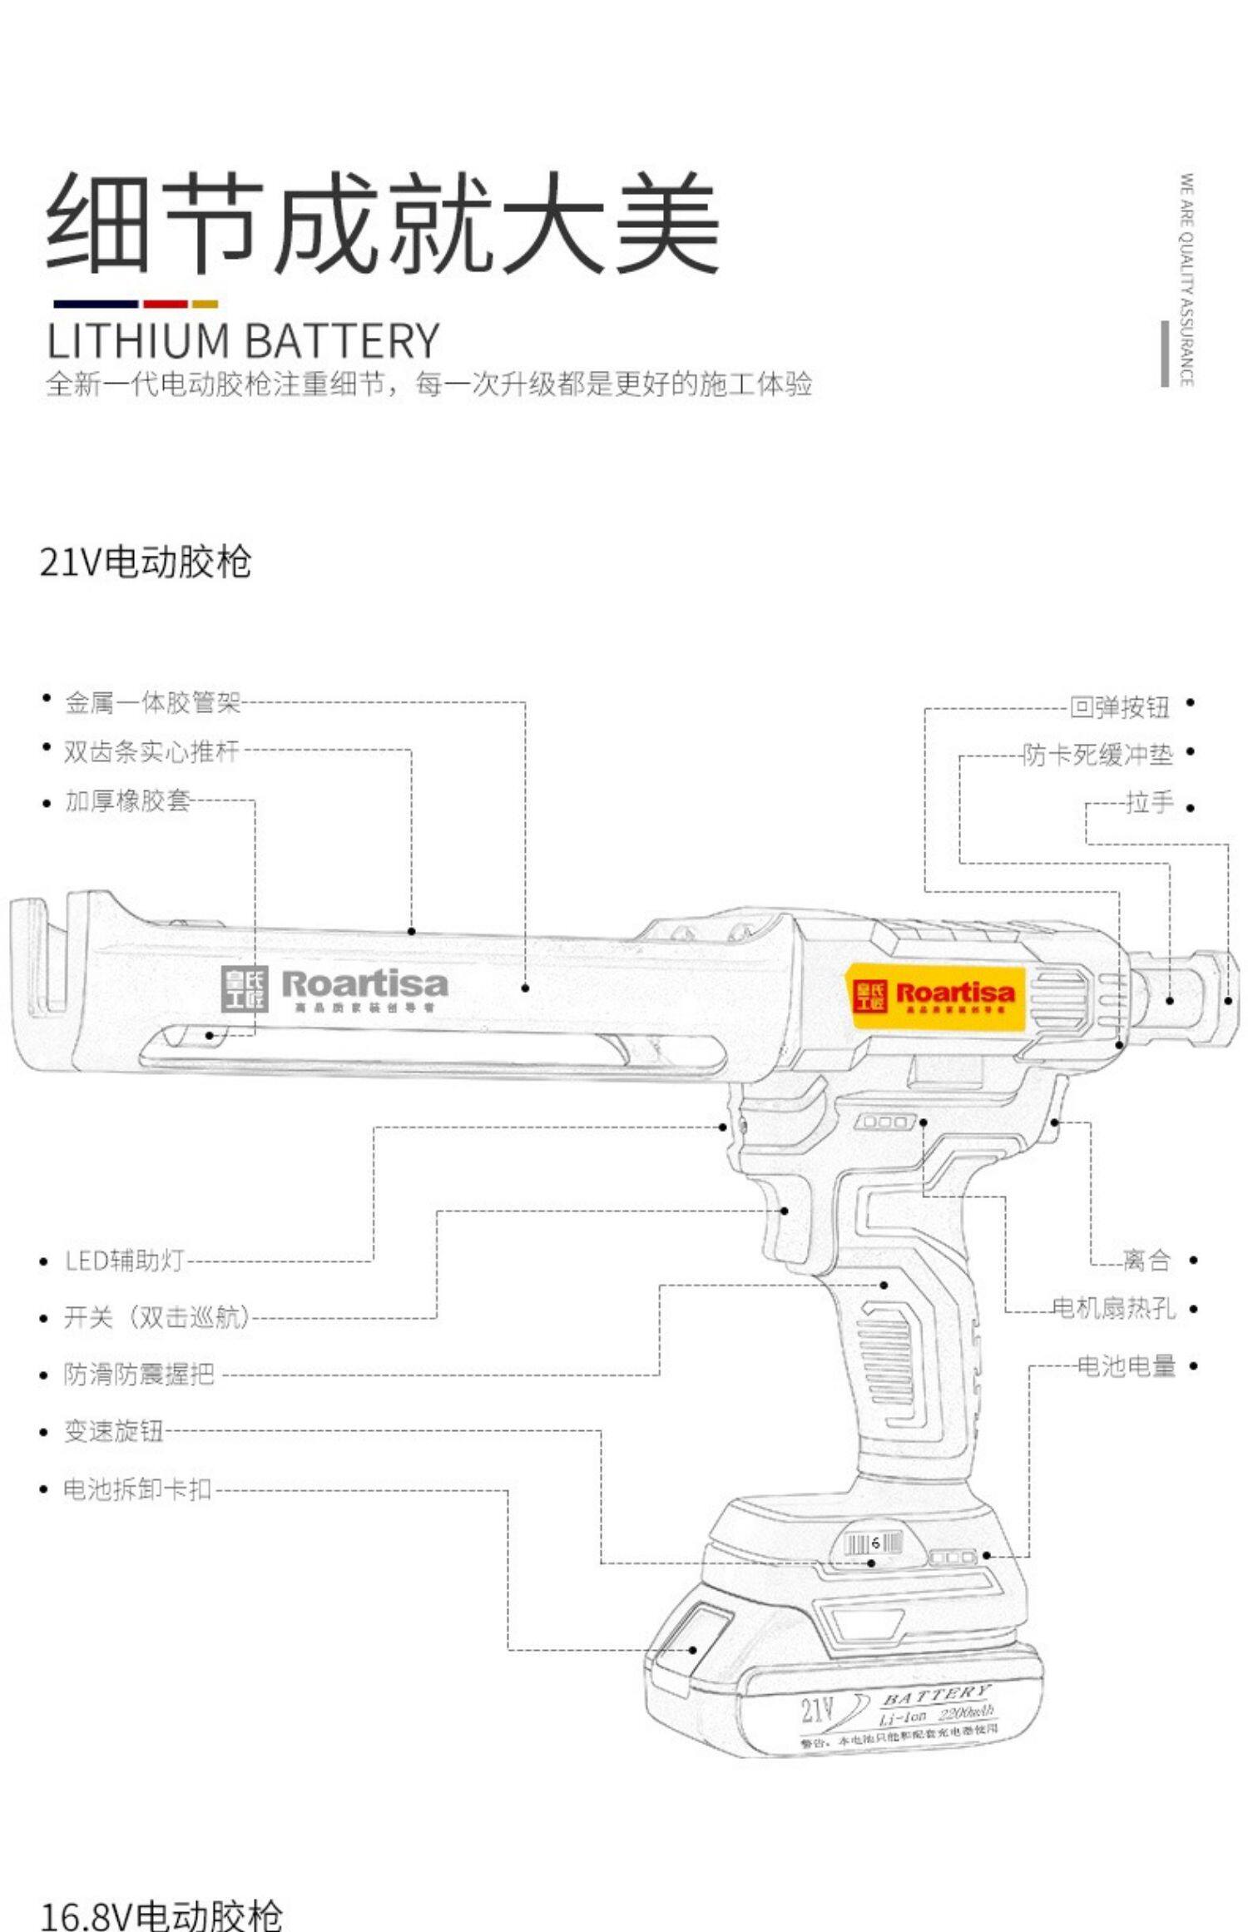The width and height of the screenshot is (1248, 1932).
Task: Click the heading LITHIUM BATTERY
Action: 243,340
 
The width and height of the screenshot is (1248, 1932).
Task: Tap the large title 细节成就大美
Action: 383,223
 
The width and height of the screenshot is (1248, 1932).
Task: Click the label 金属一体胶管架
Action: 153,703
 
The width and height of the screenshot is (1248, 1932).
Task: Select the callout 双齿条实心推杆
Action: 151,751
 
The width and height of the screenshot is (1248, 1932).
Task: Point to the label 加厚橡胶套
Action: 128,801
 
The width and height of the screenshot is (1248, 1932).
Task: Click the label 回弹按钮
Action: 1119,707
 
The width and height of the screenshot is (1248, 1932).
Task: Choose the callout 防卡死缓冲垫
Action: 1097,755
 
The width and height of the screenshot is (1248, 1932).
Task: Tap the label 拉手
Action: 1149,803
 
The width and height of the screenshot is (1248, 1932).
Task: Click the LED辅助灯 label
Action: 124,1261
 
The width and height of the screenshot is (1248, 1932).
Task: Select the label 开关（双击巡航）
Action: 156,1317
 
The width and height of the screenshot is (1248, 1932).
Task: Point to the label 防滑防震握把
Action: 139,1374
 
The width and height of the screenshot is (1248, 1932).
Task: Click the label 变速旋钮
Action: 114,1431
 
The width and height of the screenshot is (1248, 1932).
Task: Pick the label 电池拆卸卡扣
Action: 137,1489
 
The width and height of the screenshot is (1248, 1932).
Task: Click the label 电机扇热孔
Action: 1113,1308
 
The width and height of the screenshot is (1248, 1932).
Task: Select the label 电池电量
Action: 1127,1365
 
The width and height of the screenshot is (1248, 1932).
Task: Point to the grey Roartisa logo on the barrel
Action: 335,988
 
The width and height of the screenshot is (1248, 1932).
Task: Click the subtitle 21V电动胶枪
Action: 146,562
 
